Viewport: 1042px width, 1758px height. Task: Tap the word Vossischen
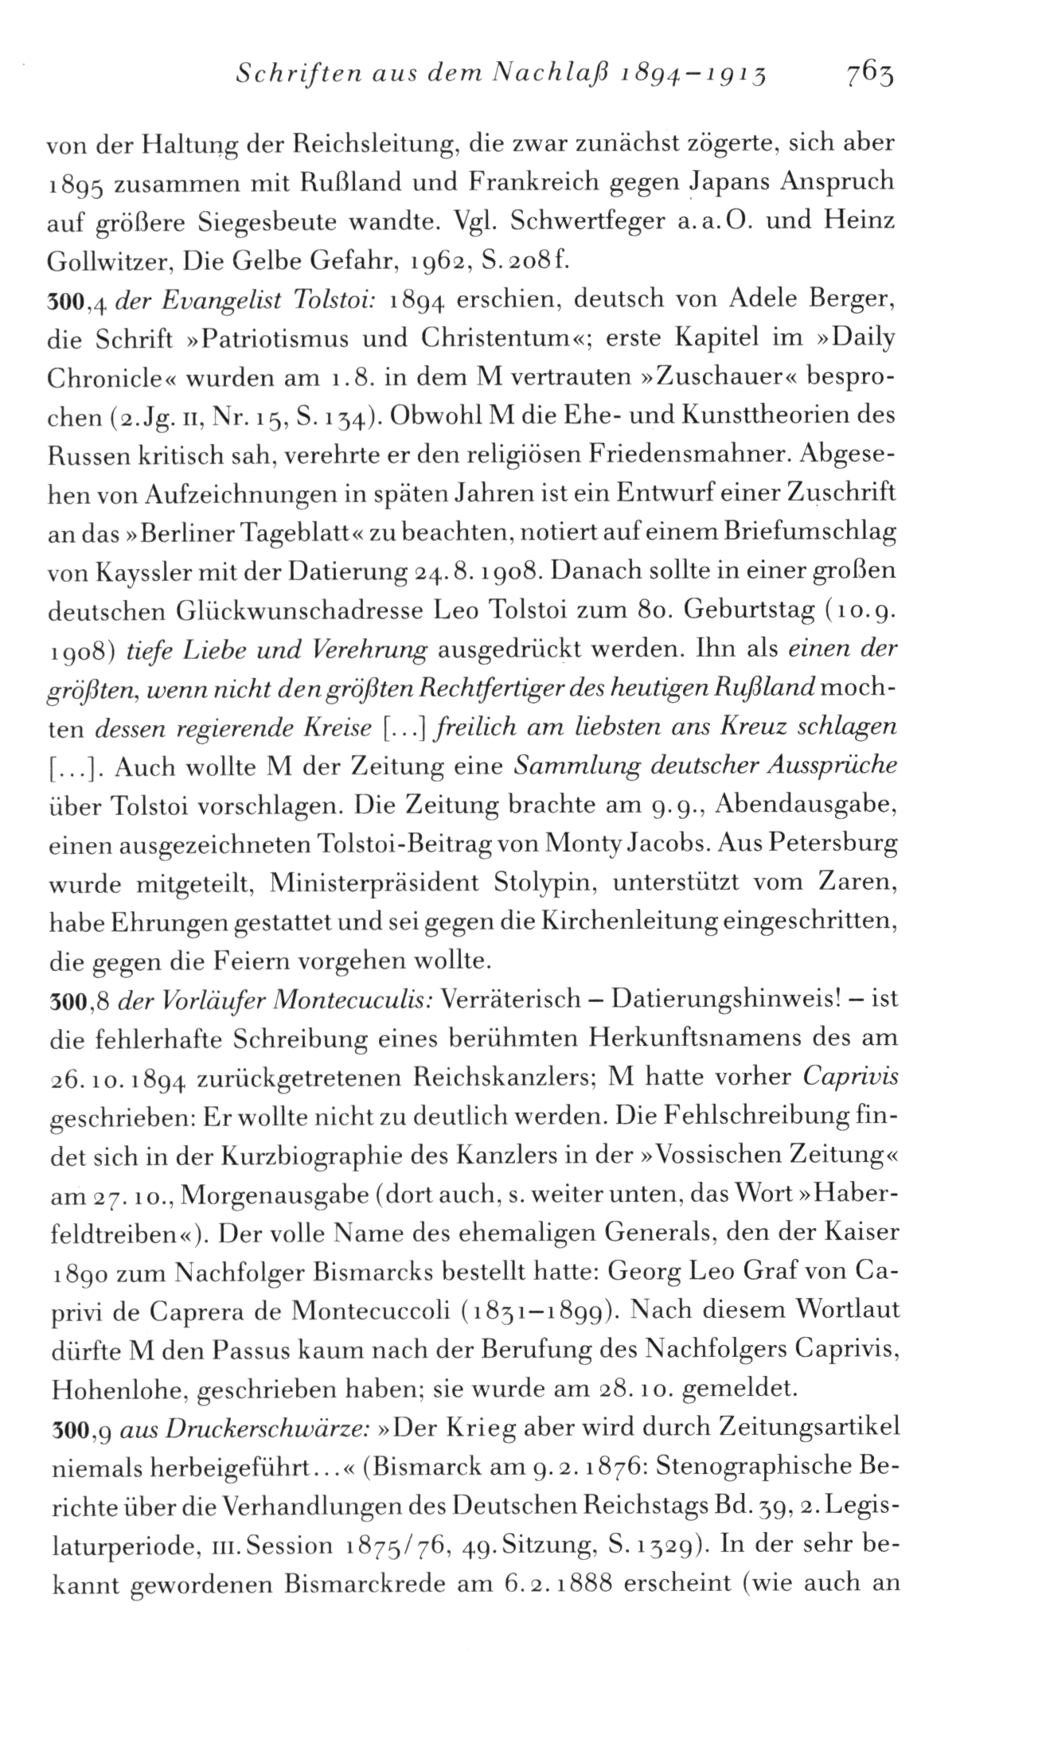(x=724, y=1156)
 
